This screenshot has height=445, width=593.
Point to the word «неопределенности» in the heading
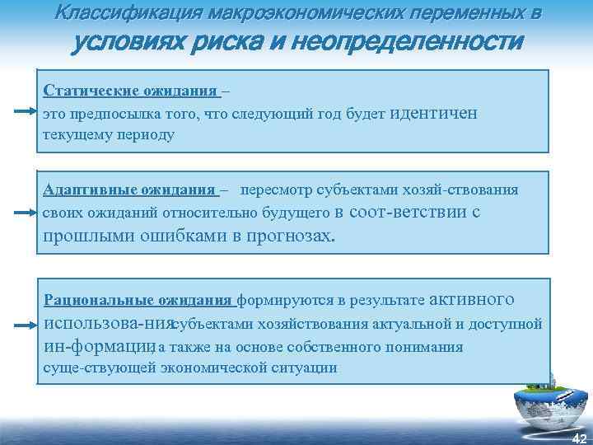[x=429, y=41]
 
